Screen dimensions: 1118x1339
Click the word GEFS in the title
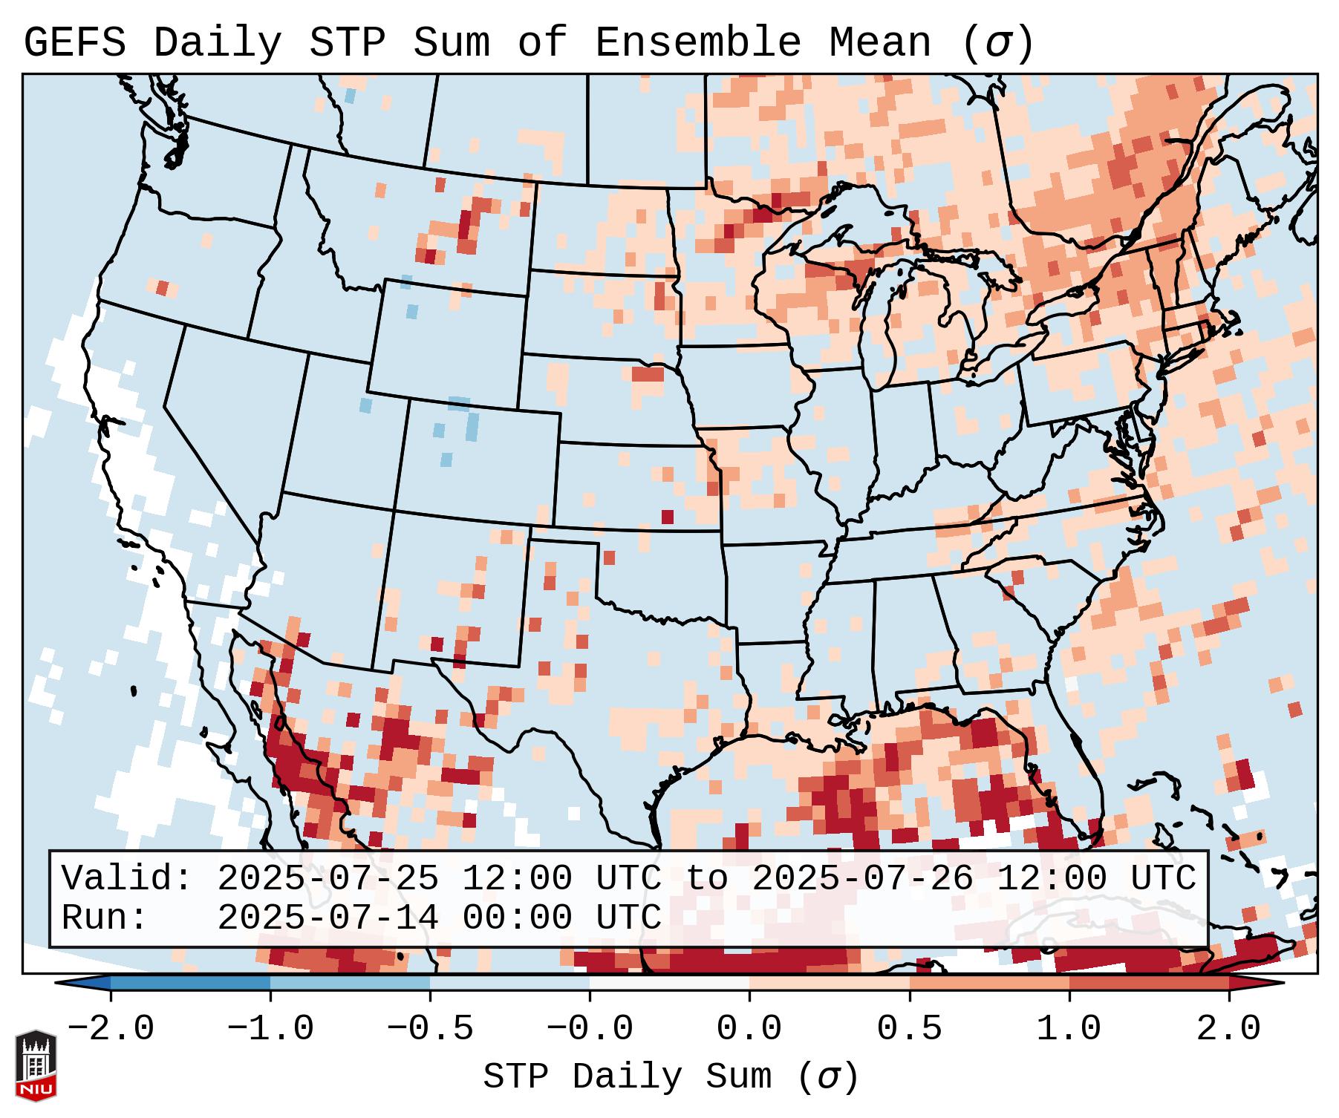click(74, 43)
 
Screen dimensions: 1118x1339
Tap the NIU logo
click(36, 1065)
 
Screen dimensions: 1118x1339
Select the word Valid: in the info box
click(127, 879)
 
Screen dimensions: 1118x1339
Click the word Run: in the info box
click(105, 918)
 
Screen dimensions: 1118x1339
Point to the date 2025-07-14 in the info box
click(328, 918)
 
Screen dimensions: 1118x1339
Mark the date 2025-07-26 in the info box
click(862, 879)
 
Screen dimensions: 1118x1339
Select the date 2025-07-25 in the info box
click(328, 879)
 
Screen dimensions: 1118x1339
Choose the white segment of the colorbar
click(669, 983)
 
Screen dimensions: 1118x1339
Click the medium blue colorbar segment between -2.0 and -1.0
click(190, 983)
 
